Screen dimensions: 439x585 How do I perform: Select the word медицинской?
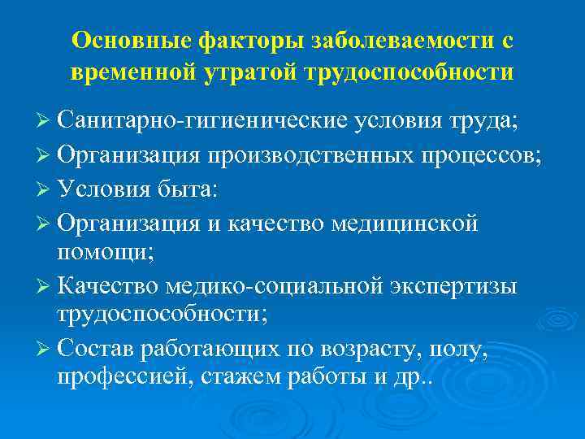point(406,221)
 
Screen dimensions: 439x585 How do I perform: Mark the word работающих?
point(211,351)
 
